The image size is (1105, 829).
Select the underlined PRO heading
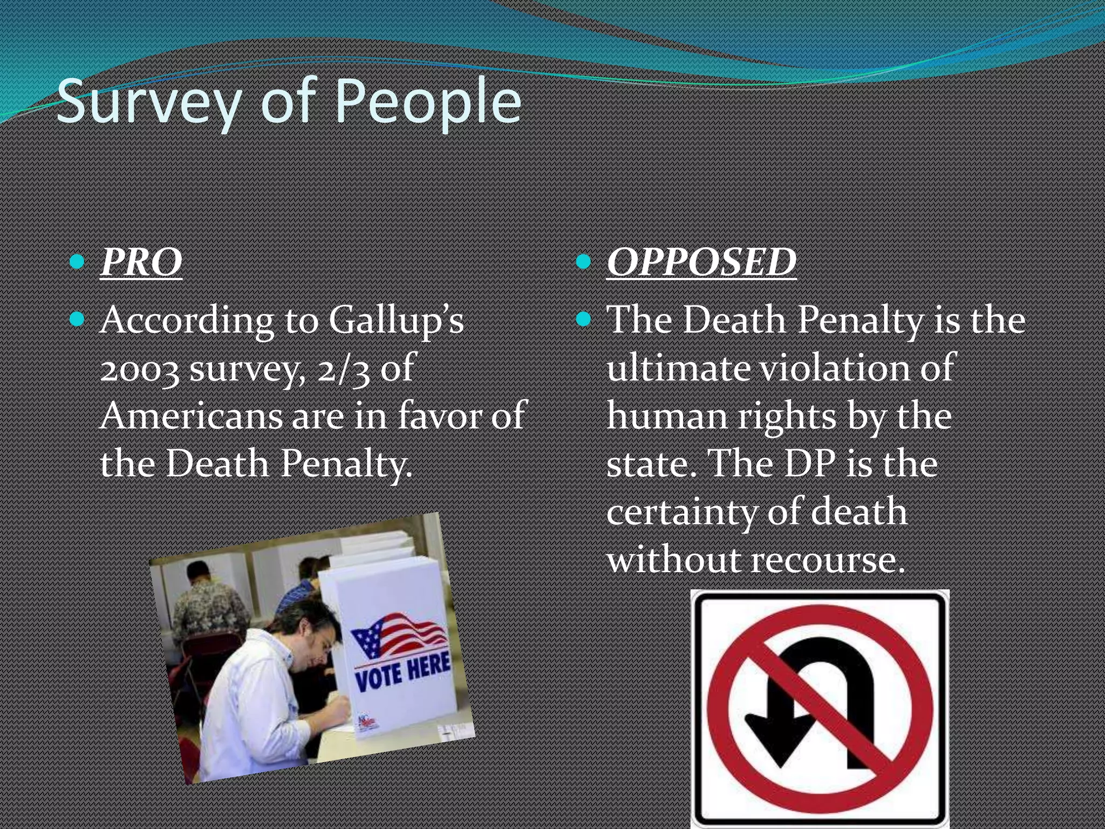[141, 262]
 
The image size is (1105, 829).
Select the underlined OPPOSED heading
[701, 262]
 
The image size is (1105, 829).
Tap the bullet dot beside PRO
[78, 262]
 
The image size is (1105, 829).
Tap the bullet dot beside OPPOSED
[584, 262]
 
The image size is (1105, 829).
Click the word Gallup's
[396, 321]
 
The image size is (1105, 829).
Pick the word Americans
[192, 416]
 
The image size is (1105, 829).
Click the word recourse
[828, 560]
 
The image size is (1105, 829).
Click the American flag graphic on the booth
[399, 635]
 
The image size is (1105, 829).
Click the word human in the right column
[667, 417]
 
